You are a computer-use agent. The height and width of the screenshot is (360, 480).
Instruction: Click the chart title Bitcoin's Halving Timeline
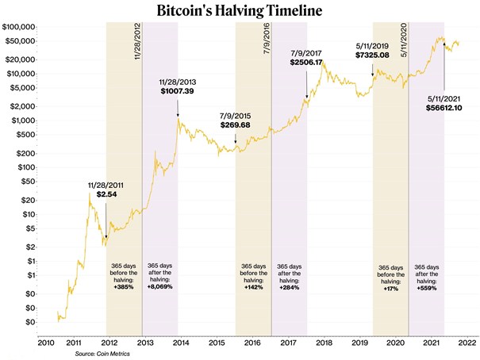coord(239,12)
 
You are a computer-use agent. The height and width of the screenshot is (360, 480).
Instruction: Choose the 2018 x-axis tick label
coord(324,343)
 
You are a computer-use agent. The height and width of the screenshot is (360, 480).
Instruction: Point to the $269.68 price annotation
coord(236,125)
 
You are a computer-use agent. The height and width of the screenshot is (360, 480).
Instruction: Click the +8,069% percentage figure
coord(160,286)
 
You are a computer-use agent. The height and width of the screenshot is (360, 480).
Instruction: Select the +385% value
coord(124,286)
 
